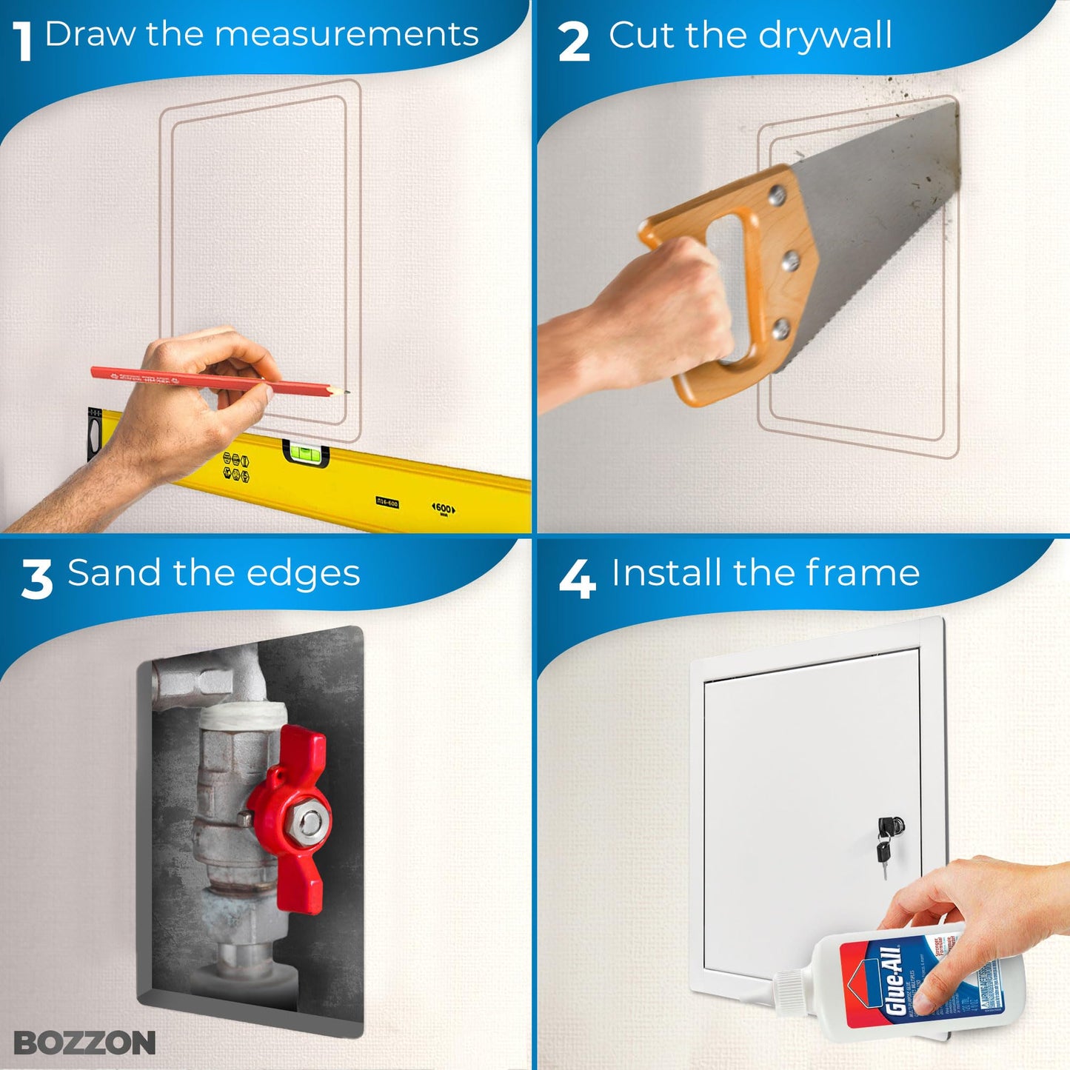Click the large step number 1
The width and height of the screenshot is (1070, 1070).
tap(23, 41)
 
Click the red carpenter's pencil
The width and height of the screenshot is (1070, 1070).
tap(215, 380)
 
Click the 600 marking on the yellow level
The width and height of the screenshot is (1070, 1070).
tap(443, 509)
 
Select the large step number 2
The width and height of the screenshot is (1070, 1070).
tap(574, 42)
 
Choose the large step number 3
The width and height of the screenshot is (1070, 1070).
tap(36, 580)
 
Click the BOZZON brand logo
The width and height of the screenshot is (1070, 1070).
tap(84, 1043)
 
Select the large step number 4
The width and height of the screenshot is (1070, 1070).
tap(577, 580)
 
